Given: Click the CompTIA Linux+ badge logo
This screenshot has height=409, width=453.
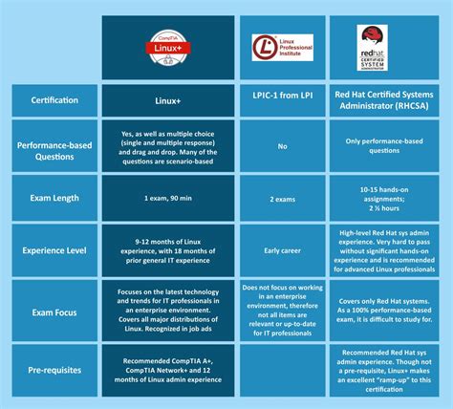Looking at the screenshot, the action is [170, 48].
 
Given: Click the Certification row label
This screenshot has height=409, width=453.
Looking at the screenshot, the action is [54, 100].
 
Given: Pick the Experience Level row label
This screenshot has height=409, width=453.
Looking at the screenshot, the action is [54, 251].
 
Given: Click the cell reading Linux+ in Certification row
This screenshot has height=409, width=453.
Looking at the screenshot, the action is [170, 100].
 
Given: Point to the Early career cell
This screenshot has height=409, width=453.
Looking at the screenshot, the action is [282, 251].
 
